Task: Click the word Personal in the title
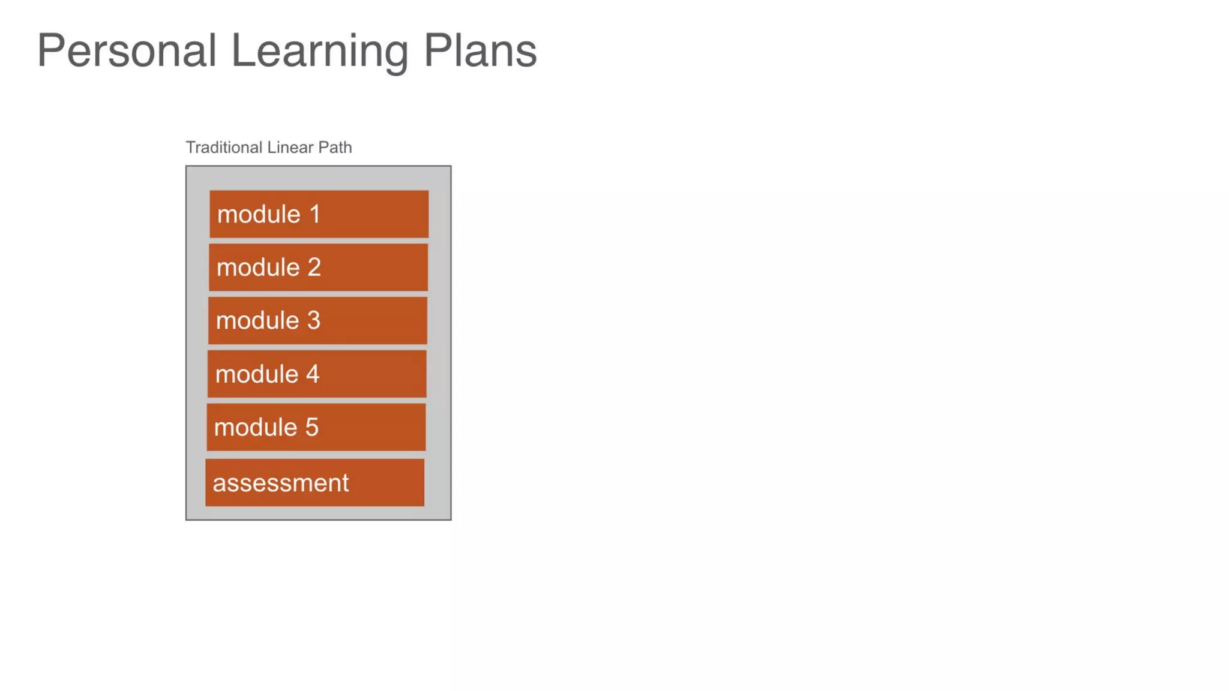[127, 50]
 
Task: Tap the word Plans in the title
[480, 50]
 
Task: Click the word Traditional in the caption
[224, 148]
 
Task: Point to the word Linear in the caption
[290, 148]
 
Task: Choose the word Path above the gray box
[335, 148]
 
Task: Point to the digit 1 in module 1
[315, 215]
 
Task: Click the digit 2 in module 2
[314, 268]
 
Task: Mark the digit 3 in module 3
[314, 321]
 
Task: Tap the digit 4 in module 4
[313, 374]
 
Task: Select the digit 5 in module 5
[312, 428]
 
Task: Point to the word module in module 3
[257, 321]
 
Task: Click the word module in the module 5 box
[256, 428]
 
